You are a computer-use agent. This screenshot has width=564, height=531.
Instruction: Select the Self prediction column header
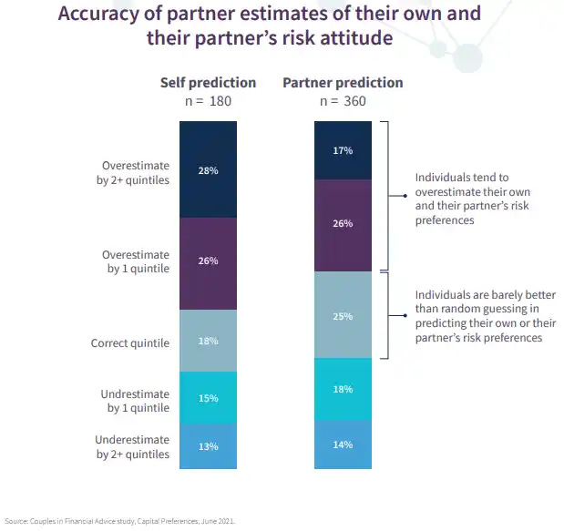pyautogui.click(x=207, y=83)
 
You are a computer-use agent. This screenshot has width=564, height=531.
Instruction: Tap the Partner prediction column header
pyautogui.click(x=343, y=83)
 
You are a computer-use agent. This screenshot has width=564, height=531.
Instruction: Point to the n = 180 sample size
pyautogui.click(x=207, y=101)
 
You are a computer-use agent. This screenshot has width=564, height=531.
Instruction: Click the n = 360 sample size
pyautogui.click(x=343, y=101)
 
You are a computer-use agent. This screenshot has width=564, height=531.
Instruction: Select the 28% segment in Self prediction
pyautogui.click(x=208, y=169)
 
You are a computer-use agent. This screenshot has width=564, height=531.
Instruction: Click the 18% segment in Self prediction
pyautogui.click(x=208, y=341)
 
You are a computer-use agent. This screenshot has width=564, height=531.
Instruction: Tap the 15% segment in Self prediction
pyautogui.click(x=208, y=398)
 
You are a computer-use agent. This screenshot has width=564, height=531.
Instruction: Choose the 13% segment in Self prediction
pyautogui.click(x=208, y=447)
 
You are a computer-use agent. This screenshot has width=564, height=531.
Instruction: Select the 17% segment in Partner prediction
pyautogui.click(x=343, y=150)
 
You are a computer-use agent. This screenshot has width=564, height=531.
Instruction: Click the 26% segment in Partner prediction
pyautogui.click(x=343, y=225)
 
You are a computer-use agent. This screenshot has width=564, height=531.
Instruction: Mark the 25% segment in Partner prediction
pyautogui.click(x=343, y=315)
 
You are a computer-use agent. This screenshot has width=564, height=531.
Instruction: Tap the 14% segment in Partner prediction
pyautogui.click(x=343, y=444)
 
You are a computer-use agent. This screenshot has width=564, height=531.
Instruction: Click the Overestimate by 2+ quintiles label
pyautogui.click(x=135, y=173)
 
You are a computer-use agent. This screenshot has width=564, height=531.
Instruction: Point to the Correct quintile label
pyautogui.click(x=130, y=344)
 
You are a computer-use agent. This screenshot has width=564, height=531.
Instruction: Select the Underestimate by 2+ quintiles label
pyautogui.click(x=133, y=447)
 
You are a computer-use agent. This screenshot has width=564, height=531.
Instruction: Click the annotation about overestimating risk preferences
pyautogui.click(x=472, y=199)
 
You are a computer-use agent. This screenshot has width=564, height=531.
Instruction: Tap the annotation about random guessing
pyautogui.click(x=485, y=316)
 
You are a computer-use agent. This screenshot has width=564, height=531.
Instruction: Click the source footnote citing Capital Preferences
pyautogui.click(x=119, y=521)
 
